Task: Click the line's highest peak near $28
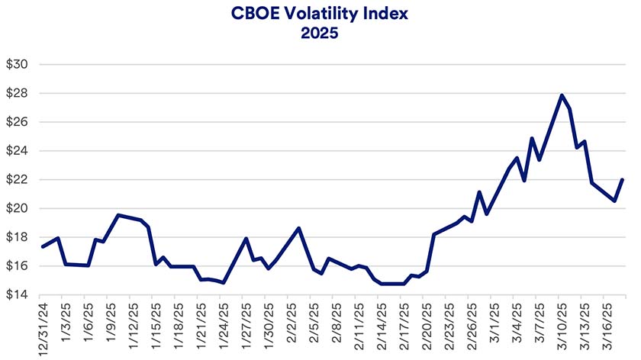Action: (562, 95)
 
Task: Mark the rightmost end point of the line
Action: (623, 180)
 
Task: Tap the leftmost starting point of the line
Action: (43, 246)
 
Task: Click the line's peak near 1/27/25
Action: (246, 239)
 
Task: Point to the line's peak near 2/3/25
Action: (298, 228)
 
